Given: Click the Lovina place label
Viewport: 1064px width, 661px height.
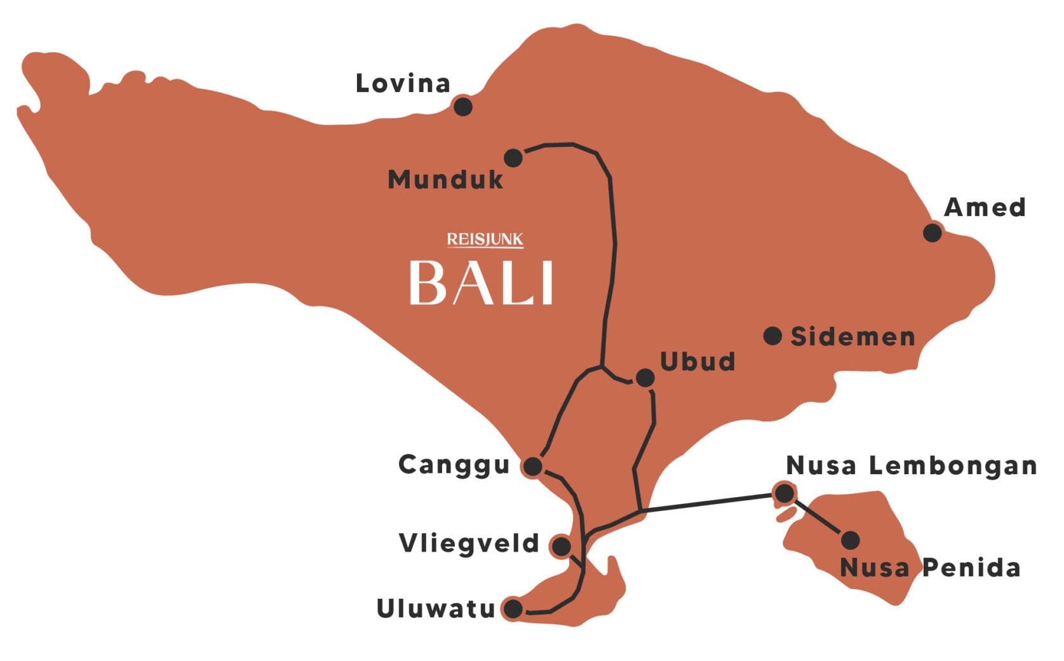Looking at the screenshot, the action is [x=403, y=84].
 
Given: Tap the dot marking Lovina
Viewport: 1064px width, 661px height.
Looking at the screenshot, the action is [x=462, y=106].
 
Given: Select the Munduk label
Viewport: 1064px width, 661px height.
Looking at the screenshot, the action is [x=445, y=180].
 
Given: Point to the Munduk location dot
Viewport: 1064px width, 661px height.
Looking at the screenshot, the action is [x=513, y=157].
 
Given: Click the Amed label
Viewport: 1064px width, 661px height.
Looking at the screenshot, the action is [x=985, y=207].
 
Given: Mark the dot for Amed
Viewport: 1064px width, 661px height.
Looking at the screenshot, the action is [x=932, y=233].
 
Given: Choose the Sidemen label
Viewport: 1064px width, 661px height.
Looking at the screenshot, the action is [x=852, y=337].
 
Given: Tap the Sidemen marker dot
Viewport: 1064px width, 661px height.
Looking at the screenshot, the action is [x=772, y=336].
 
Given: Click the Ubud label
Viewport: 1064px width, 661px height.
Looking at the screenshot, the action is [x=697, y=362].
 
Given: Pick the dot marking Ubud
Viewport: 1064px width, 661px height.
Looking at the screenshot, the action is [x=645, y=378].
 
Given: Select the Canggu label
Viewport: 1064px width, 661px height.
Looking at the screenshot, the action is [x=454, y=465].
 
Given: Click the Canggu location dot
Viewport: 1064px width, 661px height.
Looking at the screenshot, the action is [x=533, y=467].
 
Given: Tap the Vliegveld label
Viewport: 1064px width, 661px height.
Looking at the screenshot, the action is [x=469, y=544].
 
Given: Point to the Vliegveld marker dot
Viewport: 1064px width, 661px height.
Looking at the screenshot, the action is [x=562, y=546].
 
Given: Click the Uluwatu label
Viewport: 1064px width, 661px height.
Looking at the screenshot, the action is [x=436, y=609].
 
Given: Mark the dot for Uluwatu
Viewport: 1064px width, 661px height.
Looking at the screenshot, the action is [x=513, y=609].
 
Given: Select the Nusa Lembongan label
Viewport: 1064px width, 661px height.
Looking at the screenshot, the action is [x=911, y=466].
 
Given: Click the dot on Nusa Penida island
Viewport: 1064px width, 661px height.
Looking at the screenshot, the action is [x=850, y=540].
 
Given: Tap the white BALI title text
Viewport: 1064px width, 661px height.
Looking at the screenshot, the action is [x=481, y=283].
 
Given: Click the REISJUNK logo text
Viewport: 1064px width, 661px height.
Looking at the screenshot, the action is [x=485, y=240].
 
